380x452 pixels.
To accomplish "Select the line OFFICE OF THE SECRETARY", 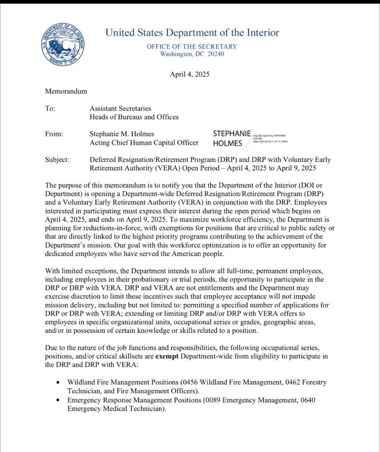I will [x=192, y=46].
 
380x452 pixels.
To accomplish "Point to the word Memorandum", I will [x=66, y=91].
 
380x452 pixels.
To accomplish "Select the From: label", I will [x=54, y=134].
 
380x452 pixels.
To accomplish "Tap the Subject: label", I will [x=57, y=160].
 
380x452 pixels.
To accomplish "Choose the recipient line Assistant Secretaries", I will [x=120, y=109].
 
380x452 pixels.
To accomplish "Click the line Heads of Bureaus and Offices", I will [x=134, y=117].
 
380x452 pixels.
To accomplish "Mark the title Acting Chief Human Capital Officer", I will [x=144, y=143].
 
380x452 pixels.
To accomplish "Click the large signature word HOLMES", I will [x=228, y=143].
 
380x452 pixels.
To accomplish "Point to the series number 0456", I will [x=190, y=382].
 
